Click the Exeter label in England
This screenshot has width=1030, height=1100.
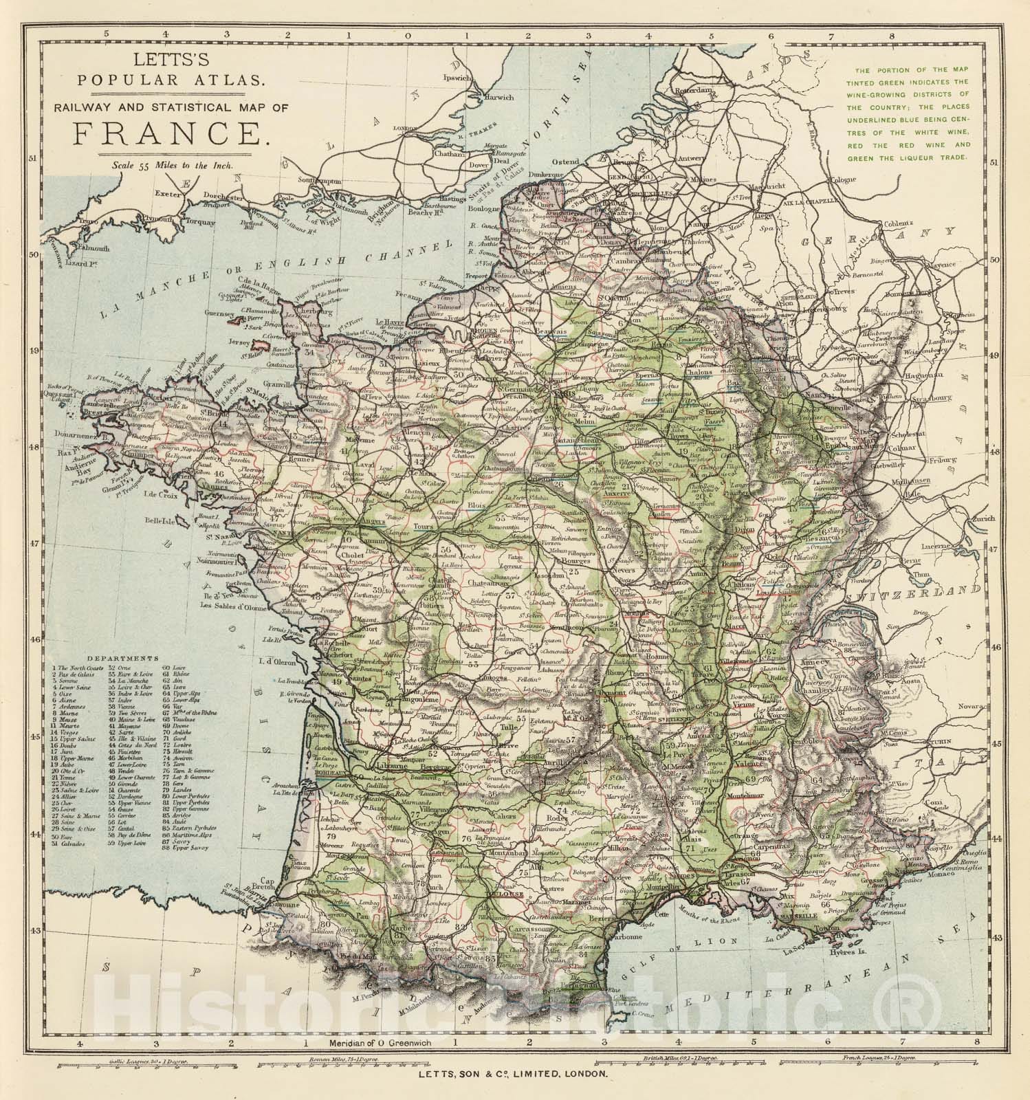(x=171, y=193)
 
